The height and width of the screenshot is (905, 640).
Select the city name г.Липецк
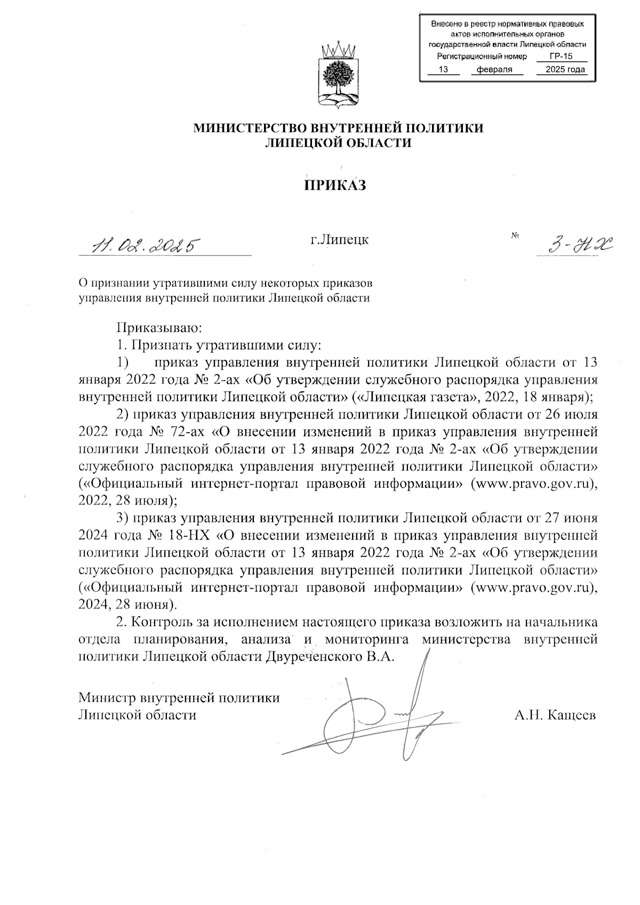coord(340,239)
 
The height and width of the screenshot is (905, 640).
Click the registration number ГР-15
coord(561,57)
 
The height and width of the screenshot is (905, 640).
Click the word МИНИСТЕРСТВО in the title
coord(250,129)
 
